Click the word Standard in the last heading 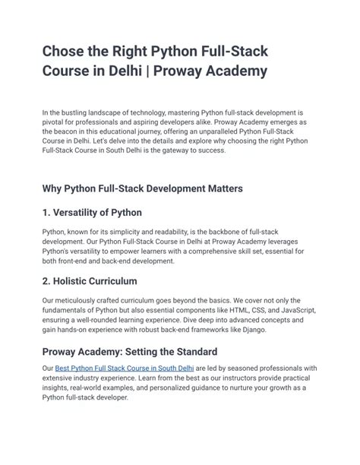(191, 352)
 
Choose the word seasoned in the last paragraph (250, 368)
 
